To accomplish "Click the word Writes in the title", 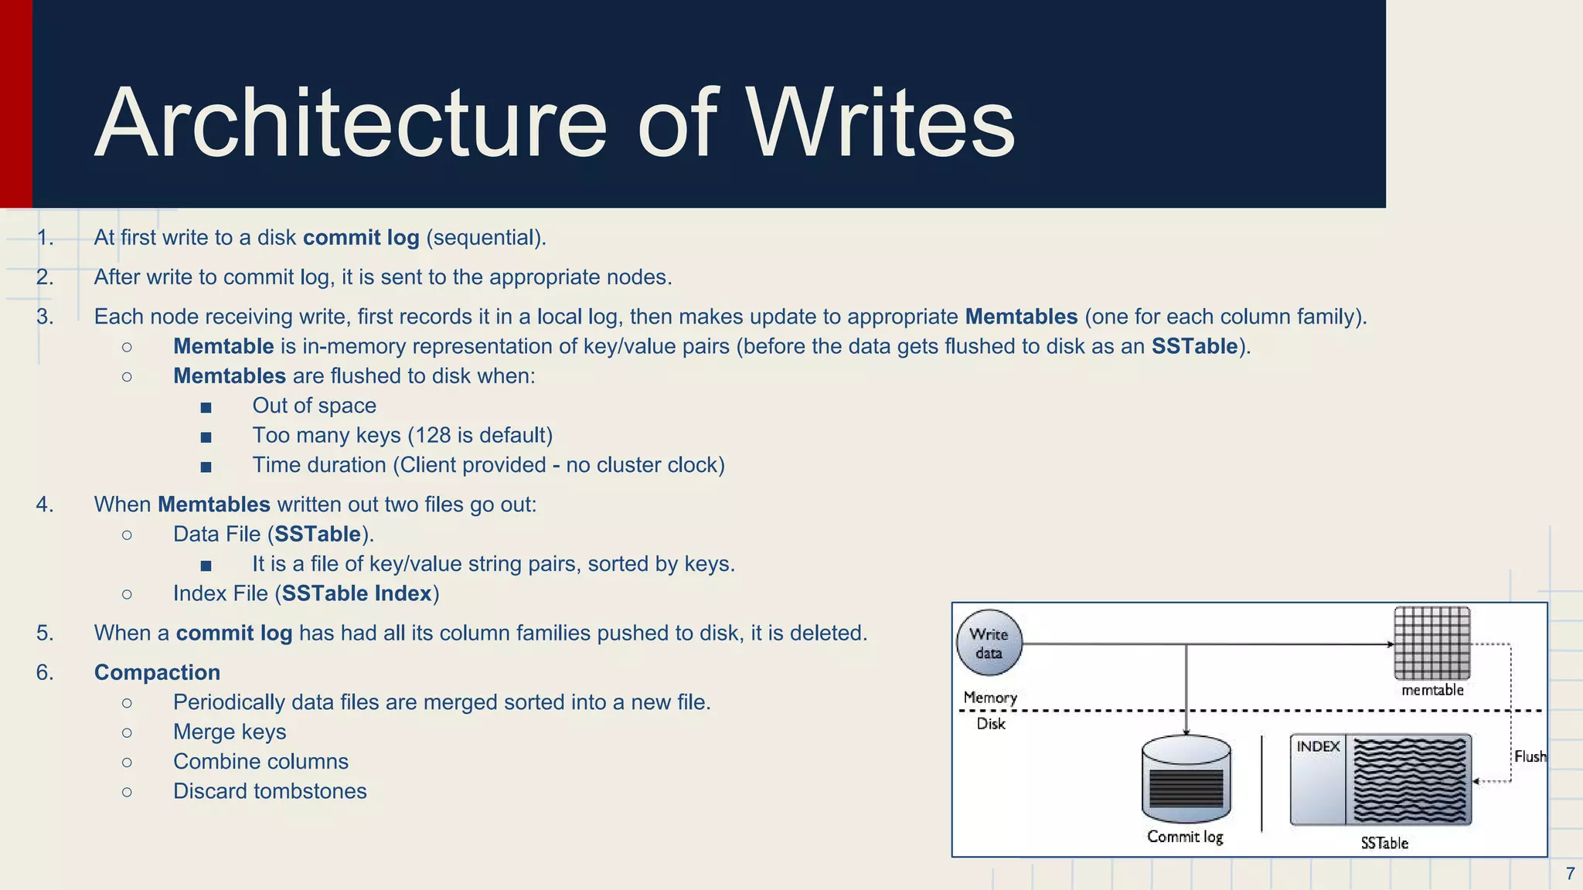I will [x=879, y=124].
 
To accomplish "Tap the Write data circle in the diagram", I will [x=989, y=643].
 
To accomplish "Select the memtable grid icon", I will [x=1432, y=643].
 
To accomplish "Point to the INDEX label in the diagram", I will [x=1318, y=746].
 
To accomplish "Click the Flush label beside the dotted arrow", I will [x=1529, y=756].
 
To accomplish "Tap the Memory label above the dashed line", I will [x=989, y=697].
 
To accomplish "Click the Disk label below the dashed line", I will [x=990, y=724].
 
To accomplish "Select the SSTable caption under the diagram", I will [x=1384, y=843].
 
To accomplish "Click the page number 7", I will [x=1570, y=874].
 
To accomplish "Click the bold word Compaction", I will [x=157, y=672].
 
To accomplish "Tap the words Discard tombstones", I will [x=270, y=791].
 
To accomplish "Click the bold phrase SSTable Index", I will [x=356, y=593].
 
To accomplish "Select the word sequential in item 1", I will [x=486, y=237].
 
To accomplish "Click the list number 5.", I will [x=44, y=633].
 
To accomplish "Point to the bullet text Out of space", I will [x=314, y=406].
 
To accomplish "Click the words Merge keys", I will [x=230, y=732].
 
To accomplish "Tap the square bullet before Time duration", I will [x=206, y=467].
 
